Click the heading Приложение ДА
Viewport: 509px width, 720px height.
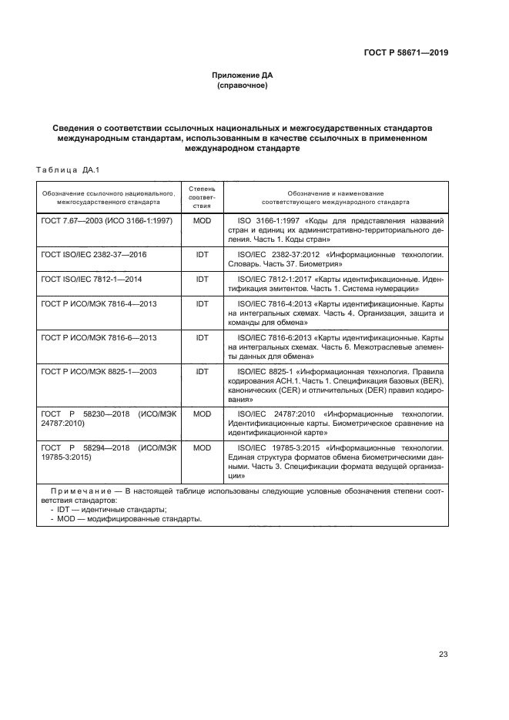pos(243,75)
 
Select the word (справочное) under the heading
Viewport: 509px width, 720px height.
pos(243,85)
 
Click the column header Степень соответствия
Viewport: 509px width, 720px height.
pos(202,197)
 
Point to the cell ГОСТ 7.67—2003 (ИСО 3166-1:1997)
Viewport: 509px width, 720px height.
pos(107,220)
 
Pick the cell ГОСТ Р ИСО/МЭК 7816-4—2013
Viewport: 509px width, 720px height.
pos(99,304)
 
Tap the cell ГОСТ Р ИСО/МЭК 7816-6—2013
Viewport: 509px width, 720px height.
pos(99,338)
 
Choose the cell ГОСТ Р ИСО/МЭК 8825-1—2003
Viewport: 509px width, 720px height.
pos(99,371)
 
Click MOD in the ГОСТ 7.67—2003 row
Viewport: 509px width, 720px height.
pos(202,220)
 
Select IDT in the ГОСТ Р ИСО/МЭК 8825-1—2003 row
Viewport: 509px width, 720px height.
pos(202,371)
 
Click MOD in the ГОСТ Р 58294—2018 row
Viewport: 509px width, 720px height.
pos(202,447)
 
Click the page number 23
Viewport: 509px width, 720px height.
pos(443,655)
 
